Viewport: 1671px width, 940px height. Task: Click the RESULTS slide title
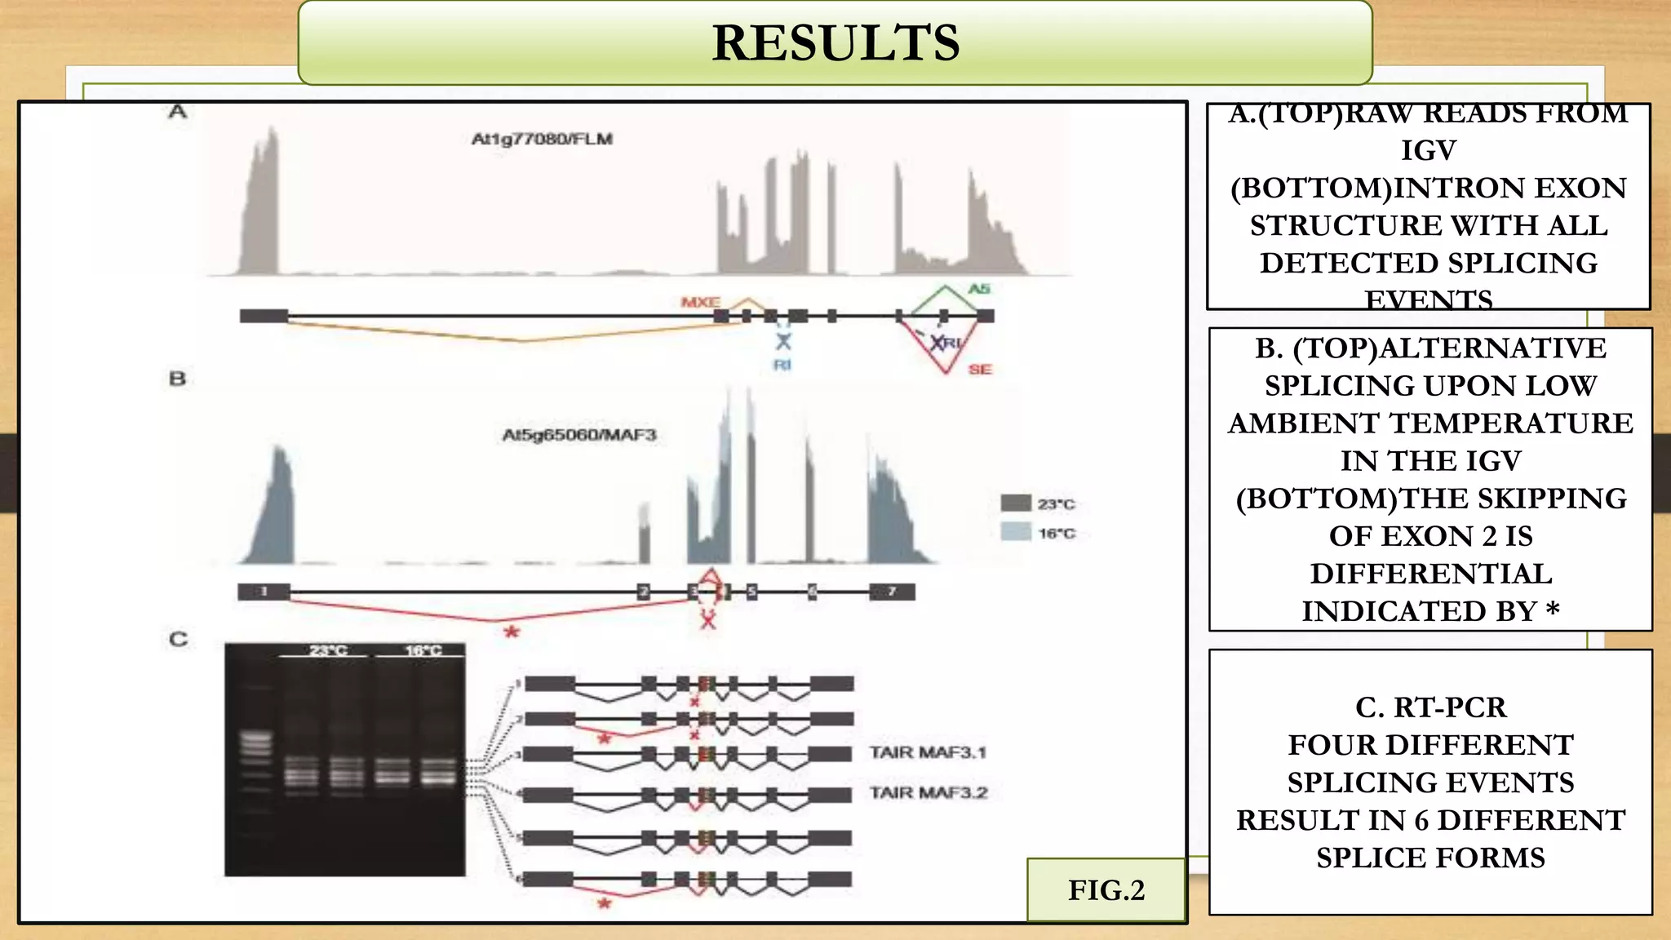point(835,42)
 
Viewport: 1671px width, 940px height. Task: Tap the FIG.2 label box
point(1106,890)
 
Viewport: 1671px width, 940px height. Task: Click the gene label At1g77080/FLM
point(543,140)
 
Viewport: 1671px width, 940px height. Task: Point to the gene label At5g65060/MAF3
point(579,435)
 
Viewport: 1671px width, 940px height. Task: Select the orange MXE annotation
point(700,303)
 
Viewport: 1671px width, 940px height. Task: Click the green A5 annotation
point(979,289)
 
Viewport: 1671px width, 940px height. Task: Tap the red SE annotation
point(980,370)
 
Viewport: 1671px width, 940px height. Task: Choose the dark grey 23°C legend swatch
point(1016,503)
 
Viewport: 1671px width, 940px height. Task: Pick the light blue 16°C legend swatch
point(1016,532)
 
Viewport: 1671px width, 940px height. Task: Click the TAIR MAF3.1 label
point(928,752)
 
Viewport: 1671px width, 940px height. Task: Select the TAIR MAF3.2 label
point(929,793)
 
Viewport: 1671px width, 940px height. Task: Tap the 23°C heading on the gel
point(328,650)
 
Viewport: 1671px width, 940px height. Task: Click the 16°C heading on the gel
point(423,650)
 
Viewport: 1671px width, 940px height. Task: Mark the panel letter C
point(178,639)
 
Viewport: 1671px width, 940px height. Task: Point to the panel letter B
point(177,379)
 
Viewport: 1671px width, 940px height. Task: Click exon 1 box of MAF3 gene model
point(264,592)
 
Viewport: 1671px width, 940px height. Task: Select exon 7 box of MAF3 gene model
point(892,592)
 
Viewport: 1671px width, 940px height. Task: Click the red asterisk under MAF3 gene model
point(512,632)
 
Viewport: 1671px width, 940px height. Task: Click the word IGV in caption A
point(1429,151)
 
